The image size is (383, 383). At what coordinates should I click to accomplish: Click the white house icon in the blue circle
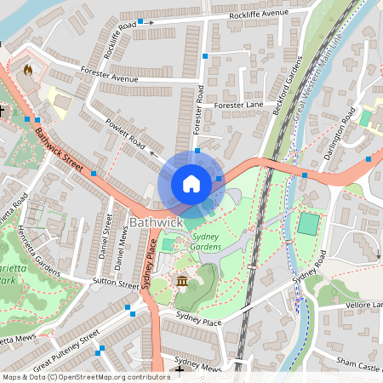191,183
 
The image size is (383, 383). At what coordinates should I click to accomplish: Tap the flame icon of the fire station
28,70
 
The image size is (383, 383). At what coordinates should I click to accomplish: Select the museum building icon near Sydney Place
181,282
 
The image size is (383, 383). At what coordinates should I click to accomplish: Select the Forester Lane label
241,105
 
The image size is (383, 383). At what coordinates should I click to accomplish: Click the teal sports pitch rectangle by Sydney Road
308,225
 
